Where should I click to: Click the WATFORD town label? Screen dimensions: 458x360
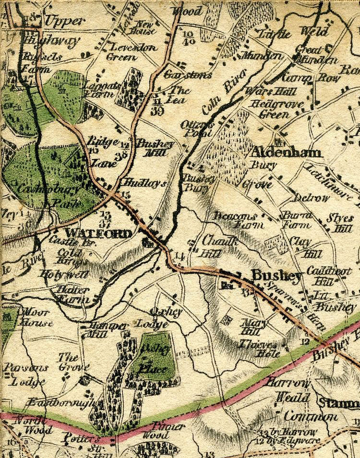(x=98, y=234)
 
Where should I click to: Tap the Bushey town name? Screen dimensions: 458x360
(x=277, y=276)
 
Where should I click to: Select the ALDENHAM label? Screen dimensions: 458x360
(x=286, y=153)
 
